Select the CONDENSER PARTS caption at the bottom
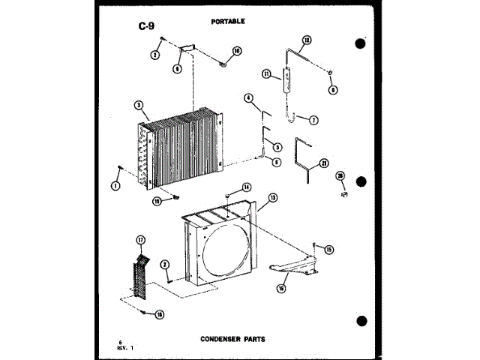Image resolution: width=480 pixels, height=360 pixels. (x=232, y=339)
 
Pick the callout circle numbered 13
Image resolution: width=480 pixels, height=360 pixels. (x=272, y=198)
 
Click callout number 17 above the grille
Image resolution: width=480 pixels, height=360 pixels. (x=139, y=240)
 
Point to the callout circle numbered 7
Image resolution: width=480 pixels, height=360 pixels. (x=313, y=120)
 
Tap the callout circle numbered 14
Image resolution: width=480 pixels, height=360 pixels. (x=246, y=186)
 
